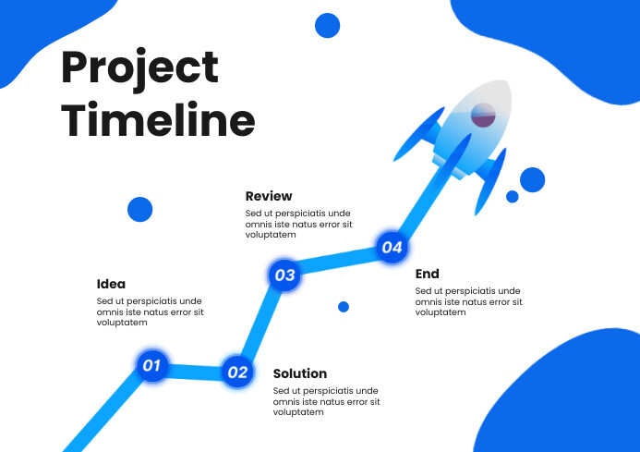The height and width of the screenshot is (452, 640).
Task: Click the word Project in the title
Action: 139,69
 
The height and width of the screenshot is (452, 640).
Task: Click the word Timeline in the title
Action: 158,121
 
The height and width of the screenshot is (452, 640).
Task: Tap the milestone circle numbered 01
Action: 151,365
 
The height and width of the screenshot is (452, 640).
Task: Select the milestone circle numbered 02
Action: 237,373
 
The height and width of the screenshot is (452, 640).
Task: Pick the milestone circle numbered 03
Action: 284,275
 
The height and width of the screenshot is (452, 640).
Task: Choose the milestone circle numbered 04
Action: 392,247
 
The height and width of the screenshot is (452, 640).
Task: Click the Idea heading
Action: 111,284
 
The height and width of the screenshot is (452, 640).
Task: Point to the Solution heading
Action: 300,373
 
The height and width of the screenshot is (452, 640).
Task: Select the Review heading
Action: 269,196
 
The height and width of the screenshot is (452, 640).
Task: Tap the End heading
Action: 427,274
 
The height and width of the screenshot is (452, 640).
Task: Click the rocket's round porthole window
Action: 484,116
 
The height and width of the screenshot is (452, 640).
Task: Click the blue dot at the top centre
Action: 328,26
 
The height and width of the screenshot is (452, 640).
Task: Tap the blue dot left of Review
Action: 139,209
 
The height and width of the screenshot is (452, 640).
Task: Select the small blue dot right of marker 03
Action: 344,307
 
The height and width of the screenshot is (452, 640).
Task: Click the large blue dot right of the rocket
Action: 533,179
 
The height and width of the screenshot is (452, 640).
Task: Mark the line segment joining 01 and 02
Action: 194,370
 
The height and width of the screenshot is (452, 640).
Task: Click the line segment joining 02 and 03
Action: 260,324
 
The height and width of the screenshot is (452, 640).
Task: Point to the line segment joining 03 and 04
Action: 338,261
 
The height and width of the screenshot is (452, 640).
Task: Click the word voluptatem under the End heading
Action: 441,312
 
